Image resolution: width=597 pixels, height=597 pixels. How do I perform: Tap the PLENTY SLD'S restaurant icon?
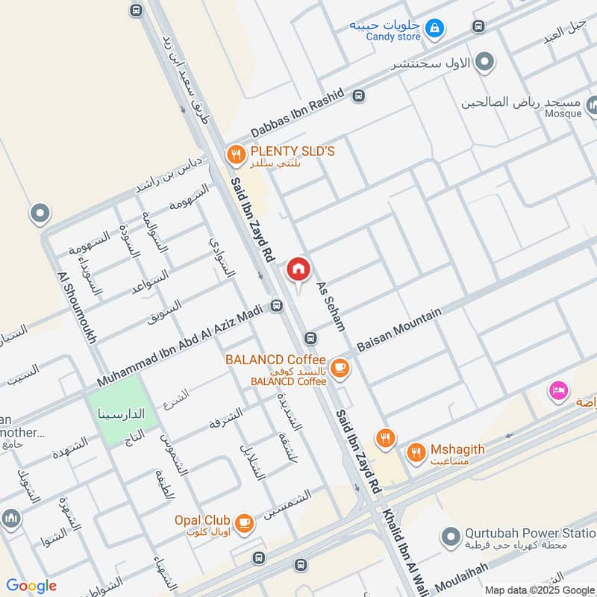[x=237, y=155]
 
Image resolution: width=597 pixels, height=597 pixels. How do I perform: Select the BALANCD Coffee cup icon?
[x=340, y=367]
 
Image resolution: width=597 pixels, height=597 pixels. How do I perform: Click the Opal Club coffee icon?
[x=244, y=523]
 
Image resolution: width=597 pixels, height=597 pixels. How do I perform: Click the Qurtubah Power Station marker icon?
[x=450, y=536]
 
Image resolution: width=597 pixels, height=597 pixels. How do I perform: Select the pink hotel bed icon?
[x=557, y=390]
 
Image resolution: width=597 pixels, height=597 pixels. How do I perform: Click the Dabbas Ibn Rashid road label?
[x=297, y=113]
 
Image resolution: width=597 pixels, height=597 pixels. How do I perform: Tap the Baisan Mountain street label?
[x=399, y=330]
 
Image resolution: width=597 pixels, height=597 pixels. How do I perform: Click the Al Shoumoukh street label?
[x=78, y=307]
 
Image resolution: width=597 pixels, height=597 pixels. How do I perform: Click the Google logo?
[x=31, y=586]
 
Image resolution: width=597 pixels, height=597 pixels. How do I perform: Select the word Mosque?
[x=563, y=113]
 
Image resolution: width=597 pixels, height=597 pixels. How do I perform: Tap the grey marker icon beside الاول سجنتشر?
[x=486, y=61]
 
